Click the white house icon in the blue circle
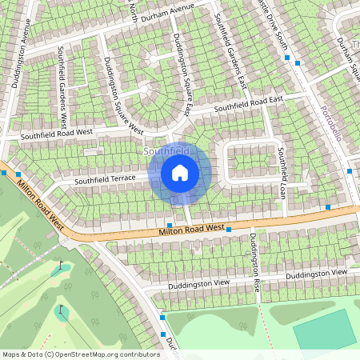180,173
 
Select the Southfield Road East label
248,103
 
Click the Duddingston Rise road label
255,262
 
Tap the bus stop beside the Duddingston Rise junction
230,230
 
